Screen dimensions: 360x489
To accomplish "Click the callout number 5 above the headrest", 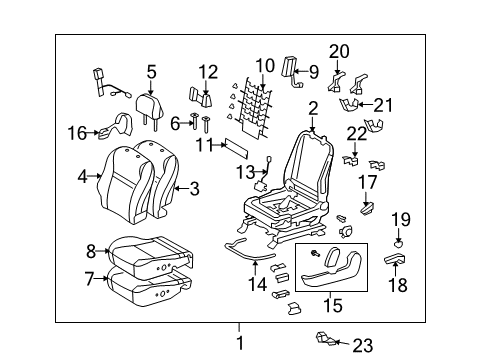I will click(x=151, y=71).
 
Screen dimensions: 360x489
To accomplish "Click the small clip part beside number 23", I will click(x=326, y=338).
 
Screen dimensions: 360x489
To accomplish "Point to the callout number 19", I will click(x=400, y=220).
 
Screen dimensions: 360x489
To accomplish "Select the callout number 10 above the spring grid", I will click(x=264, y=67).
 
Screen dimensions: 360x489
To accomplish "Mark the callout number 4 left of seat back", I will click(x=83, y=177).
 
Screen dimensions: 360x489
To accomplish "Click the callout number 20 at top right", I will click(x=339, y=51).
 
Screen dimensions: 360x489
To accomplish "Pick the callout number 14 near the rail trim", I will click(x=258, y=284).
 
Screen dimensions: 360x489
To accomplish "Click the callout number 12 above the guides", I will click(x=207, y=71).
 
